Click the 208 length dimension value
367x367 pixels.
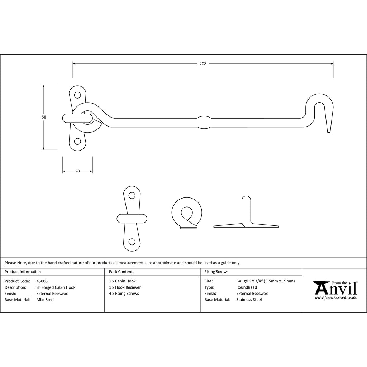203,64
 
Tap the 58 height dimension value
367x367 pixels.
44,117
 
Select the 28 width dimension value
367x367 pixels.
77,171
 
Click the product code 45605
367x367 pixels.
42,281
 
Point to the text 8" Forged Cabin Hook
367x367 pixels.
56,287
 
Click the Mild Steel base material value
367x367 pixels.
46,300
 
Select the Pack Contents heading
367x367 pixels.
121,272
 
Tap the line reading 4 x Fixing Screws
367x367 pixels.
124,294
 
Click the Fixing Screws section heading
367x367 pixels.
216,272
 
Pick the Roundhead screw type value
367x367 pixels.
247,287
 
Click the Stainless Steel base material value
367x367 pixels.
249,300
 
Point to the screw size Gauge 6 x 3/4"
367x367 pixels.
265,281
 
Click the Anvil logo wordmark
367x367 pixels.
335,287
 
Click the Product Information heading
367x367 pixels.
23,272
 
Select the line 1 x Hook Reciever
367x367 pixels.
125,287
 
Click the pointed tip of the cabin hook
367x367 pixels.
329,131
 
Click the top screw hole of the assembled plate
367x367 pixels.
77,95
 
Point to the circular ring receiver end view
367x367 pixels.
187,212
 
